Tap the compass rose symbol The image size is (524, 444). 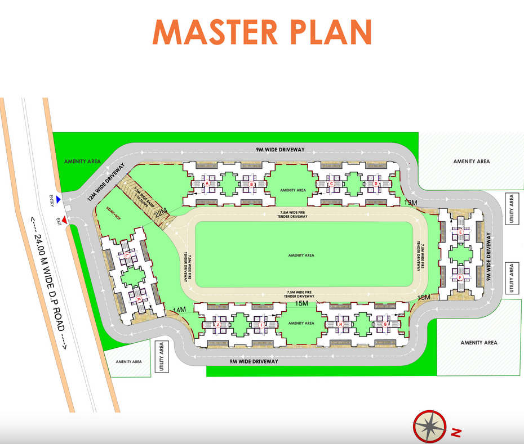click(431, 425)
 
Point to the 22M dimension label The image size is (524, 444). click(161, 213)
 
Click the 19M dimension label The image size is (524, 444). click(411, 202)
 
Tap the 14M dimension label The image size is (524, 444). click(179, 310)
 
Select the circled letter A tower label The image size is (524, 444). click(207, 184)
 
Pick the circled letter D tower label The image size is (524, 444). click(376, 184)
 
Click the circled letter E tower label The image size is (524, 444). click(461, 232)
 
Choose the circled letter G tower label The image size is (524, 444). click(385, 324)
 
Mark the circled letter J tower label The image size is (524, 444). click(216, 324)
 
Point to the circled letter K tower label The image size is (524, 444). click(139, 300)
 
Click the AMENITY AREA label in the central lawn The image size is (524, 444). click(301, 255)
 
